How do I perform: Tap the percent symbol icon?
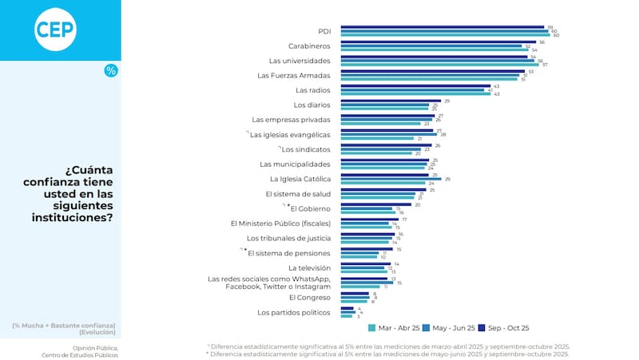[111, 71]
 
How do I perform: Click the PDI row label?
[324, 31]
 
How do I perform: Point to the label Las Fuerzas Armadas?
[294, 75]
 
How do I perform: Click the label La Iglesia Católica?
[301, 179]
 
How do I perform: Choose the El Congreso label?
[310, 297]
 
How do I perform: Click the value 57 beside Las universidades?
[545, 64]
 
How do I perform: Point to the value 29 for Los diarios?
[447, 101]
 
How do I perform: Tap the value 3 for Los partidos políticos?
[357, 316]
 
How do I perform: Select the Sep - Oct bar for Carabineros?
[439, 42]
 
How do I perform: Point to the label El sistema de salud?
[299, 194]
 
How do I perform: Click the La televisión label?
[309, 267]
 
